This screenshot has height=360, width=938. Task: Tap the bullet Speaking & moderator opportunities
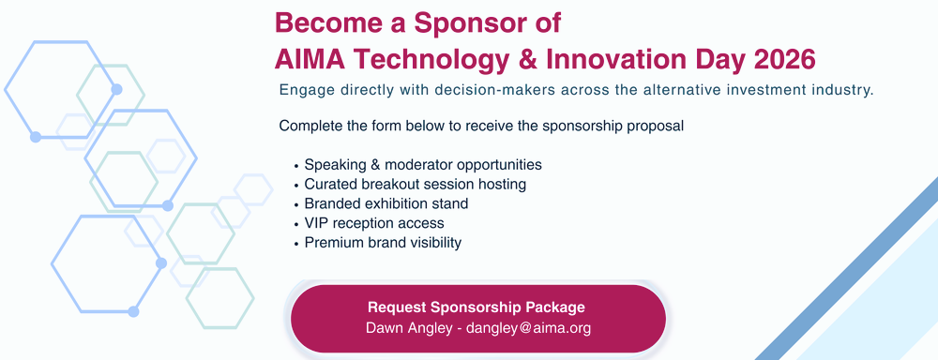pos(422,164)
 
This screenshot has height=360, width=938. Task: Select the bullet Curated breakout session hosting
pos(415,184)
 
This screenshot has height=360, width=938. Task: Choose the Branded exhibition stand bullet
pos(386,203)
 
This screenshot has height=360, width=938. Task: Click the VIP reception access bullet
pos(373,223)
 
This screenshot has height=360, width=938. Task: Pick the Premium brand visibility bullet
pos(383,243)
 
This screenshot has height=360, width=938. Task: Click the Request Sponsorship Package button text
pos(477,307)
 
